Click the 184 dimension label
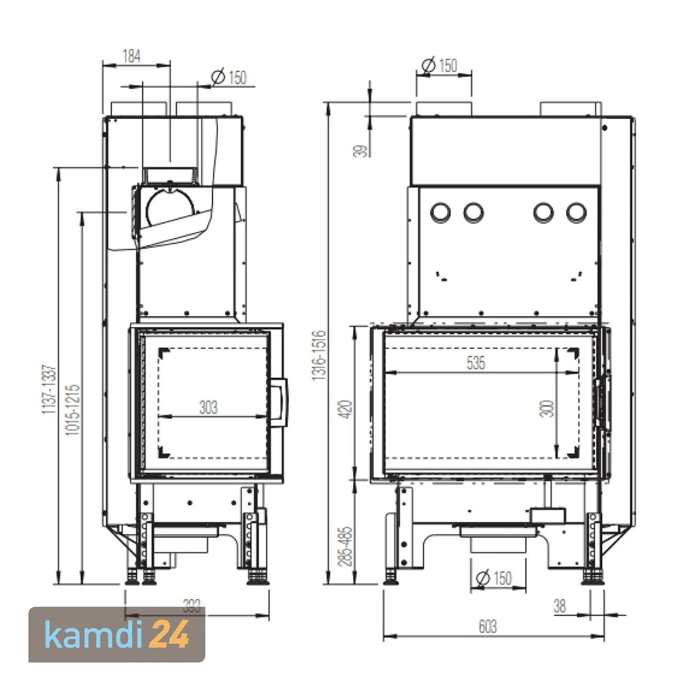(131, 57)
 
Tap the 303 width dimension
(208, 408)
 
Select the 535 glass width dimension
(476, 363)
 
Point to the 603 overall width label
(488, 627)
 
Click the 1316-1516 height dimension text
(319, 355)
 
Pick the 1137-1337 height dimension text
(49, 389)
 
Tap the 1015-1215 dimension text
(73, 410)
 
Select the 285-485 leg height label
(346, 546)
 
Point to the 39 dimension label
(362, 150)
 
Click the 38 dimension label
(559, 606)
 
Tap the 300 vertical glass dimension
(547, 408)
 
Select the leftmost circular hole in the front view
(440, 212)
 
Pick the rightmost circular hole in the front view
(576, 212)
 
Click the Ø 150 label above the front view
(439, 65)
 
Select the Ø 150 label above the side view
(229, 77)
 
